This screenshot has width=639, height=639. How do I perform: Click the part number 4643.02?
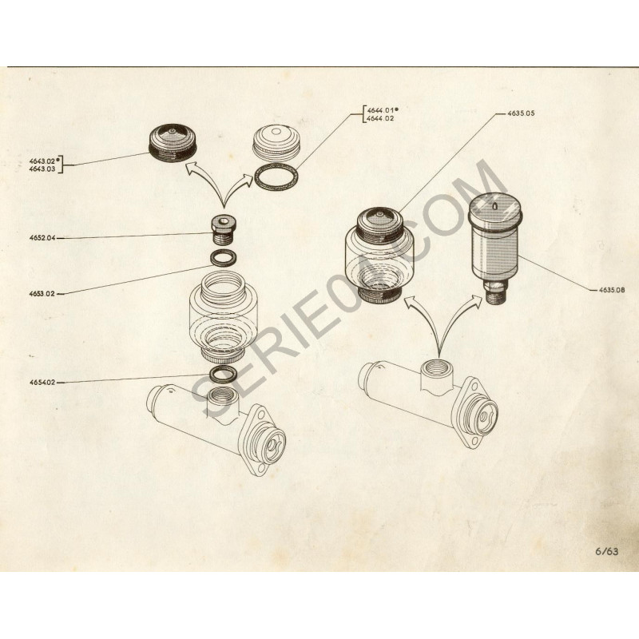click(x=42, y=161)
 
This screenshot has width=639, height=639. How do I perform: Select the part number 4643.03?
click(x=42, y=169)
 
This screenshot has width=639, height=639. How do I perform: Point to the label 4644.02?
click(x=380, y=118)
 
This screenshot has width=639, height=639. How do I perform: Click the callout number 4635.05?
click(x=521, y=113)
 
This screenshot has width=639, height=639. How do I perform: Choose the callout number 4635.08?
click(x=611, y=290)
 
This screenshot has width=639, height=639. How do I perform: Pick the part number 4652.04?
click(x=42, y=237)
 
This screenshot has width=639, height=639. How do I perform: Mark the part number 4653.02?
click(x=42, y=293)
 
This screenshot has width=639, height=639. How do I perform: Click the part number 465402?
click(x=42, y=383)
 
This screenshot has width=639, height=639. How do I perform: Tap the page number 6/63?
click(x=606, y=551)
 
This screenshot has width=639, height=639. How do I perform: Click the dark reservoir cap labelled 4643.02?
click(x=173, y=145)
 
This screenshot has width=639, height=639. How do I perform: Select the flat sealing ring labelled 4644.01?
click(x=276, y=177)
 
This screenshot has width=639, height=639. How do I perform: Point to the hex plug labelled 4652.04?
click(x=223, y=230)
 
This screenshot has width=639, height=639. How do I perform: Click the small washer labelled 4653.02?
click(x=224, y=257)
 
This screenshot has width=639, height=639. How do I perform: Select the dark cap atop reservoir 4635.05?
click(x=380, y=224)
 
